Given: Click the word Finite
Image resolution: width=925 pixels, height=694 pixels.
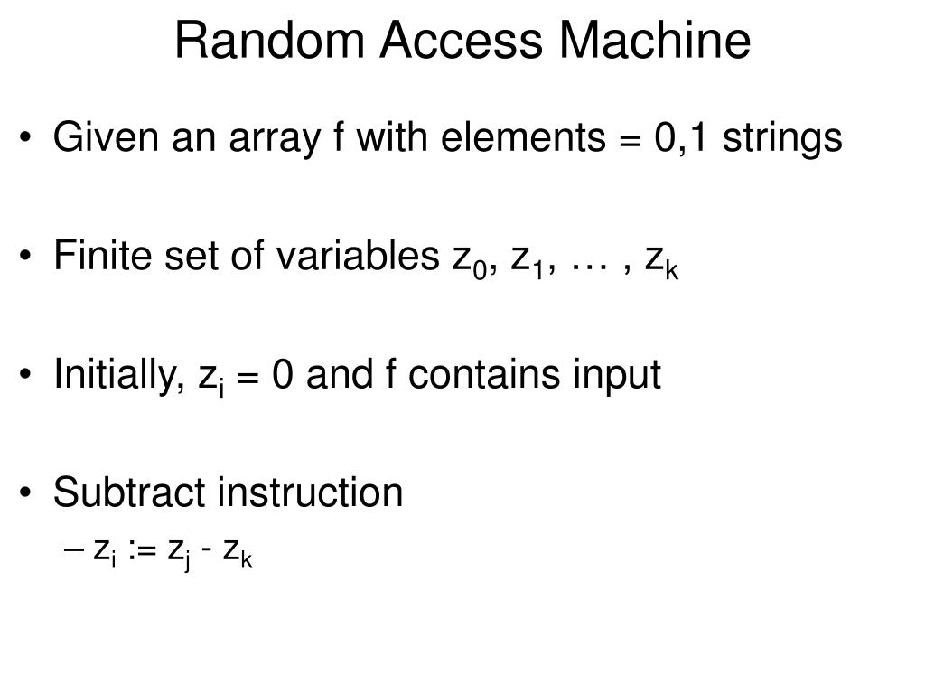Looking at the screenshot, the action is tap(95, 257).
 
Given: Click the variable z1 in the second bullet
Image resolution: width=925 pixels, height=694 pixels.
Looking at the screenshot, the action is tap(527, 260).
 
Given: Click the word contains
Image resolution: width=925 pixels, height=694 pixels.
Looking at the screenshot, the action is tap(478, 375).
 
